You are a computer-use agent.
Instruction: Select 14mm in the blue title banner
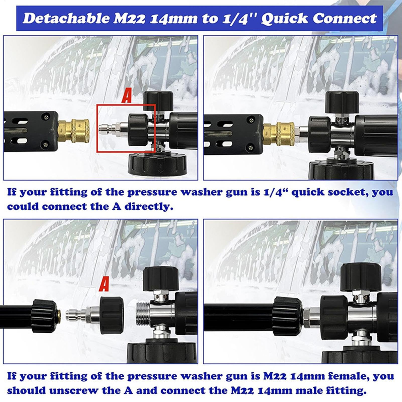pyautogui.click(x=173, y=19)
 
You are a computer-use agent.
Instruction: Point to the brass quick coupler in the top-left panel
pyautogui.click(x=74, y=131)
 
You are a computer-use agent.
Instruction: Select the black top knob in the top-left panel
pyautogui.click(x=158, y=101)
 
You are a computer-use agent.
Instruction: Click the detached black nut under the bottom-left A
pyautogui.click(x=112, y=315)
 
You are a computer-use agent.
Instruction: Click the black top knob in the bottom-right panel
pyautogui.click(x=361, y=277)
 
